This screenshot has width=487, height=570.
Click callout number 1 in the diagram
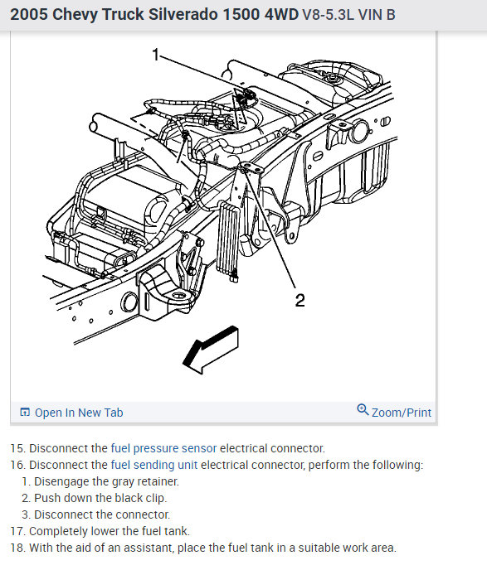click(156, 55)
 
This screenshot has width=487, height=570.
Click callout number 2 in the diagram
click(300, 300)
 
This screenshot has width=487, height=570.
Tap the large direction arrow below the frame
click(211, 350)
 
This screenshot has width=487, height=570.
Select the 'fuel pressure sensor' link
click(163, 448)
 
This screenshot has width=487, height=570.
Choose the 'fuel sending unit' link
click(154, 465)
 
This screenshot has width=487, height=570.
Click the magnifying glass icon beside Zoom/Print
click(363, 409)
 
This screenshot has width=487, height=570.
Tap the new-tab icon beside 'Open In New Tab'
click(25, 413)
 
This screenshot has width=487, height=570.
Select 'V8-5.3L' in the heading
click(328, 15)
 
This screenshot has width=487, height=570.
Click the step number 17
click(17, 531)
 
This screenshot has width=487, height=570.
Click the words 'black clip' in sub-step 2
click(140, 498)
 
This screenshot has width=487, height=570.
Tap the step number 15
click(17, 448)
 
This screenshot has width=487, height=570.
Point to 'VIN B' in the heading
click(377, 15)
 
